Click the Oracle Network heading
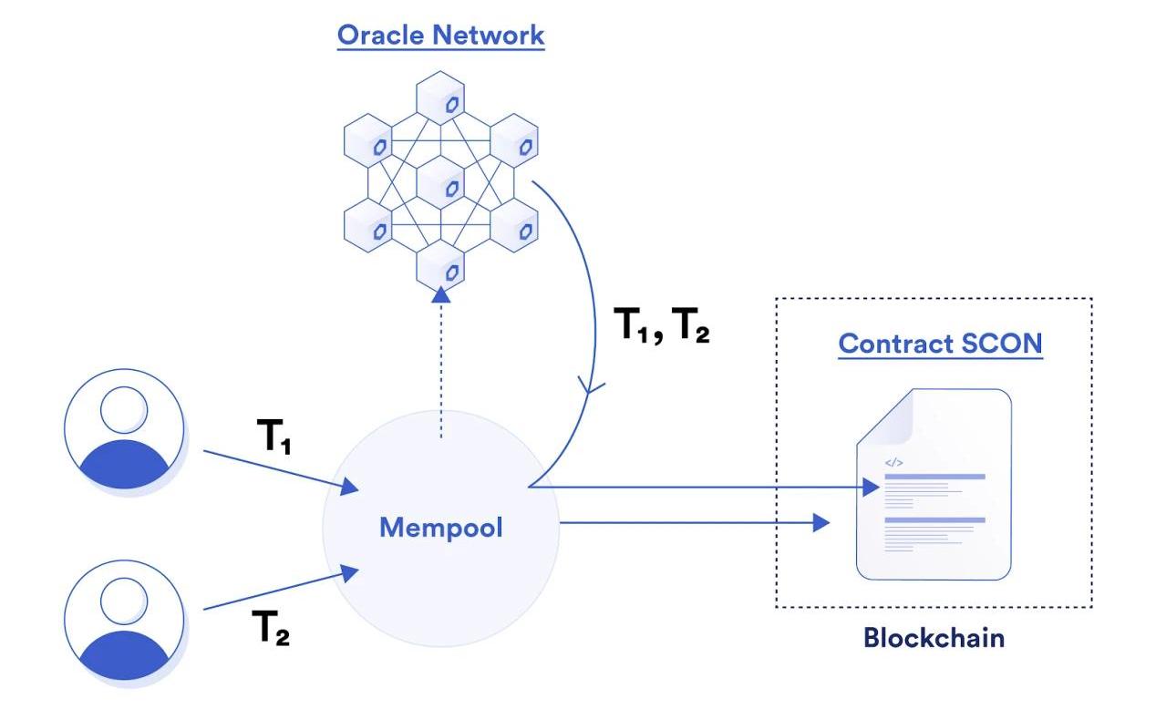click(440, 36)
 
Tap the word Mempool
click(440, 527)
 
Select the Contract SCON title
click(940, 344)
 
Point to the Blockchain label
click(934, 637)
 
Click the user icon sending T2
click(124, 620)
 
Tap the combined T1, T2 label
click(663, 325)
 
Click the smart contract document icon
click(934, 485)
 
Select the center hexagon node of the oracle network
click(440, 186)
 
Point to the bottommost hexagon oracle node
click(440, 265)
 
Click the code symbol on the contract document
click(893, 462)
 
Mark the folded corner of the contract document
click(884, 415)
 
